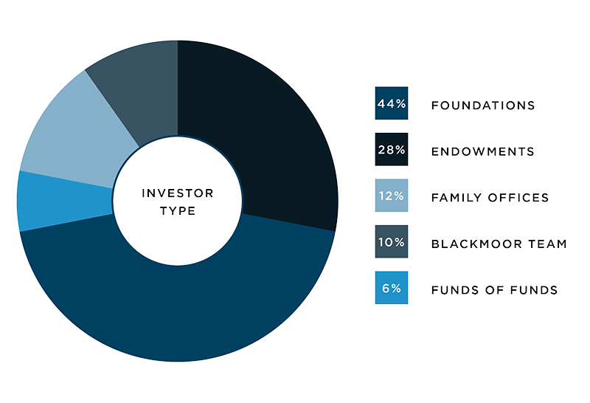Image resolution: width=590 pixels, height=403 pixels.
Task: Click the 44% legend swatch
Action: (x=392, y=103)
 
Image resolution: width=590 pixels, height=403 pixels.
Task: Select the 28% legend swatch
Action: (x=392, y=149)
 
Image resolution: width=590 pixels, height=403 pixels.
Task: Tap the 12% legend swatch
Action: (x=392, y=196)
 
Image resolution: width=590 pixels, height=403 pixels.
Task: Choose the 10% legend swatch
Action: (x=392, y=241)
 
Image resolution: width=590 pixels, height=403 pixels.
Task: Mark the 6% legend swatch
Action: (x=392, y=288)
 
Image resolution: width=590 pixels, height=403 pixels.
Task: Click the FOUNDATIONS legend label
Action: (x=483, y=106)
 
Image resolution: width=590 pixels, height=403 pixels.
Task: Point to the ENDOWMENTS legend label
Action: (x=483, y=151)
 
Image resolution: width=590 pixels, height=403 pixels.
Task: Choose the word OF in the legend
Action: (x=494, y=290)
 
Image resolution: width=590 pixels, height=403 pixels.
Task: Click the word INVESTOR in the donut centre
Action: (x=178, y=193)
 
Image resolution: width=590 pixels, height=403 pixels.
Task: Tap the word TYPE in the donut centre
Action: (x=178, y=211)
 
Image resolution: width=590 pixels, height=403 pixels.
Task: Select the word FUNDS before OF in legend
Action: (x=455, y=290)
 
